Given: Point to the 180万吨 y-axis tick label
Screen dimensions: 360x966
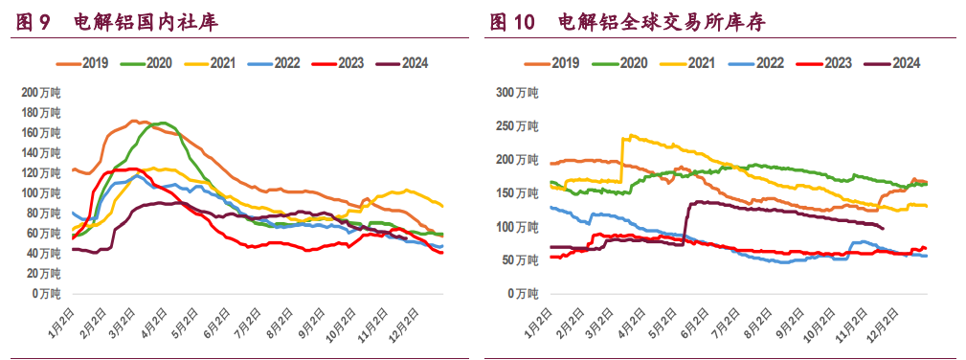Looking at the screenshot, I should (41, 113).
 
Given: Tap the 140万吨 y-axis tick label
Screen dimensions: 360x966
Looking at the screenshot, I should (41, 153).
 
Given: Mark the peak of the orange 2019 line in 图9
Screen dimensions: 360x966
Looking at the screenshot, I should (134, 121).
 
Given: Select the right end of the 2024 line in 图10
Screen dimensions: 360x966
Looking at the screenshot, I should (882, 228).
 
